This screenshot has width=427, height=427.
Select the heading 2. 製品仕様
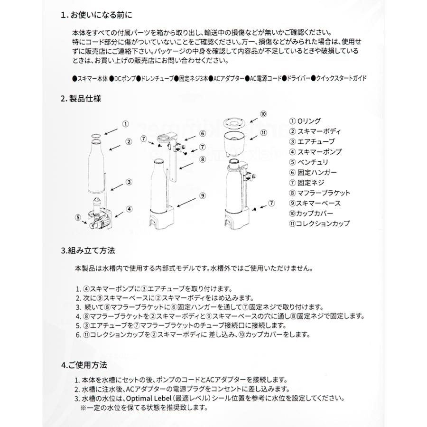coord(81,99)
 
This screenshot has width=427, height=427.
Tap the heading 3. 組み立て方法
coord(88,250)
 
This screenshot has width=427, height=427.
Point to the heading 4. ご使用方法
coord(84,365)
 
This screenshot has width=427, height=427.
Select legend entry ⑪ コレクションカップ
coord(319,223)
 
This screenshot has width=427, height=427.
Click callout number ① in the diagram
coord(125,124)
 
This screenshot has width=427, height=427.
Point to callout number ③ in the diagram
coord(129,182)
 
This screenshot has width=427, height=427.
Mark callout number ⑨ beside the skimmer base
coord(202,195)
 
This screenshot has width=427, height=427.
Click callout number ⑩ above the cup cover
coord(264,113)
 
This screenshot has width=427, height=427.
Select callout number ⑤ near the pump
coord(78,218)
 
